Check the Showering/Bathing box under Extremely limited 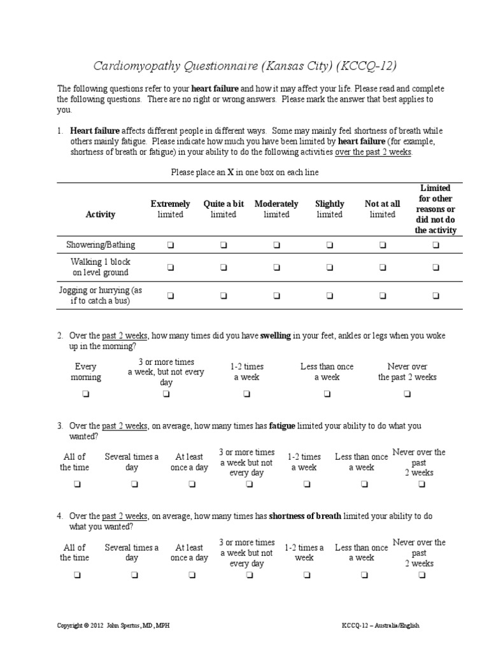(x=170, y=244)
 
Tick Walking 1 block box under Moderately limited (x=276, y=267)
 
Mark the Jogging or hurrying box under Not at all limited (x=383, y=295)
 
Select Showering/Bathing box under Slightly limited (x=329, y=244)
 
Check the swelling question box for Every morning (x=85, y=394)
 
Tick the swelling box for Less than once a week (x=327, y=394)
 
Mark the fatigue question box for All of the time (x=74, y=485)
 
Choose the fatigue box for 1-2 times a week (x=304, y=485)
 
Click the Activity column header (x=101, y=215)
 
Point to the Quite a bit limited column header (x=223, y=209)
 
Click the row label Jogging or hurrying (x=101, y=295)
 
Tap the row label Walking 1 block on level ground (x=101, y=267)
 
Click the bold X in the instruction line (x=230, y=173)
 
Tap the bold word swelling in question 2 (x=275, y=336)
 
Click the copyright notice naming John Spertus (x=113, y=626)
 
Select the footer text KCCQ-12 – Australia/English (x=380, y=626)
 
